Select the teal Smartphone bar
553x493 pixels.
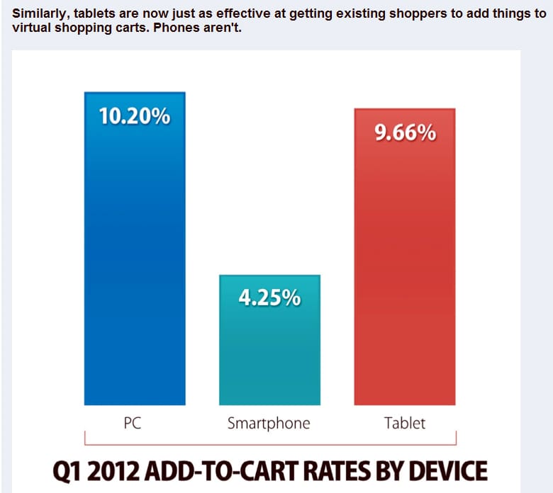click(x=269, y=354)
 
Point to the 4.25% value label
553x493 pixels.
click(x=269, y=298)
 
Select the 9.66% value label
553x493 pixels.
click(x=405, y=133)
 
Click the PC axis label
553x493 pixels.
click(x=134, y=424)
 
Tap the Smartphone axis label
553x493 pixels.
click(x=269, y=424)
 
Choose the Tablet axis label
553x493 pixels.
click(x=405, y=424)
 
